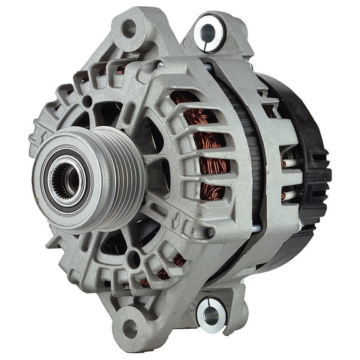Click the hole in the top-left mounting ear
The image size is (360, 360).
pyautogui.click(x=128, y=28)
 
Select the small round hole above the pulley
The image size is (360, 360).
pyautogui.click(x=87, y=100)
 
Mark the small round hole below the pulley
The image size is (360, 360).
pyautogui.click(x=132, y=257)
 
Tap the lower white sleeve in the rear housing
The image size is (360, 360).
pyautogui.click(x=284, y=196)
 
